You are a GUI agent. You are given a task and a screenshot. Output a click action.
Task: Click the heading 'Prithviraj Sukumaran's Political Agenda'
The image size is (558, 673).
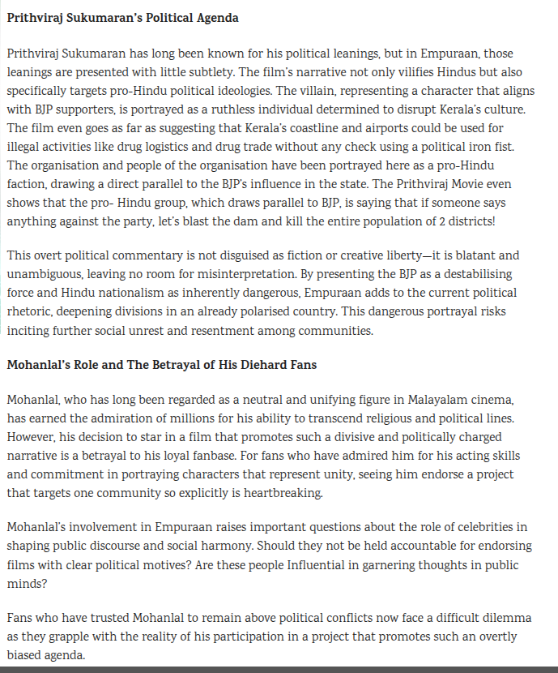tap(122, 17)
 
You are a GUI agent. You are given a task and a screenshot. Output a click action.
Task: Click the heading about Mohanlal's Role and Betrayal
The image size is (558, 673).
tap(162, 365)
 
